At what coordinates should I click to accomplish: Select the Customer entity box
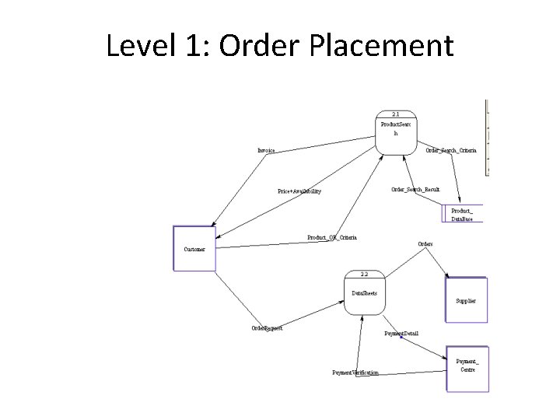click(x=194, y=249)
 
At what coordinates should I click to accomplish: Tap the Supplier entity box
click(x=466, y=300)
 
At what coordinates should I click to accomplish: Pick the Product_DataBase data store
click(x=462, y=215)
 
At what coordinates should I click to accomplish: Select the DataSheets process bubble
click(x=364, y=293)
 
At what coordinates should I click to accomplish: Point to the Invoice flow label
click(x=266, y=150)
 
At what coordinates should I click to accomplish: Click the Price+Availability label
click(x=299, y=191)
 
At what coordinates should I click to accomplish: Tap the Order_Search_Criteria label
click(x=451, y=150)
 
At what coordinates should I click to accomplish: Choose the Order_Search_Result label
click(x=415, y=189)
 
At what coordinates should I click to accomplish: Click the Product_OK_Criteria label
click(x=332, y=237)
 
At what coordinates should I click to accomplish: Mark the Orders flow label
click(x=425, y=243)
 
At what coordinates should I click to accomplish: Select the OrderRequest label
click(x=267, y=328)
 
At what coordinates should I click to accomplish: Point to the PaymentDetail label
click(x=401, y=333)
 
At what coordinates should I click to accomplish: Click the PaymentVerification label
click(x=355, y=373)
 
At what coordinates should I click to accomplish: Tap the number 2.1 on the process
click(x=396, y=114)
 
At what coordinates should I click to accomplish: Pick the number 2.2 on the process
click(x=365, y=274)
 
